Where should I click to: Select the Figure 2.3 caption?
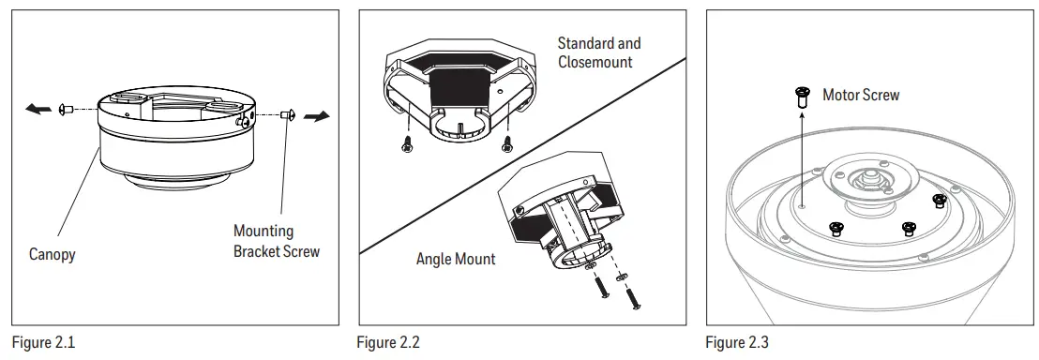738,343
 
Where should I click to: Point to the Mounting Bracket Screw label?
276,241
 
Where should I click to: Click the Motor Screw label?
860,95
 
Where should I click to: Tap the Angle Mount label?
456,259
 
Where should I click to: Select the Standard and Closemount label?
599,52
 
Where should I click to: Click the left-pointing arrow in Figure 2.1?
38,110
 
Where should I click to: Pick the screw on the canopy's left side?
66,110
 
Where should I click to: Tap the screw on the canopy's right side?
288,114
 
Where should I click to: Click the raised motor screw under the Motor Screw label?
803,97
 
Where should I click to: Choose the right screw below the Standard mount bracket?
507,142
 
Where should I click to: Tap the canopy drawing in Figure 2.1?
178,141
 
